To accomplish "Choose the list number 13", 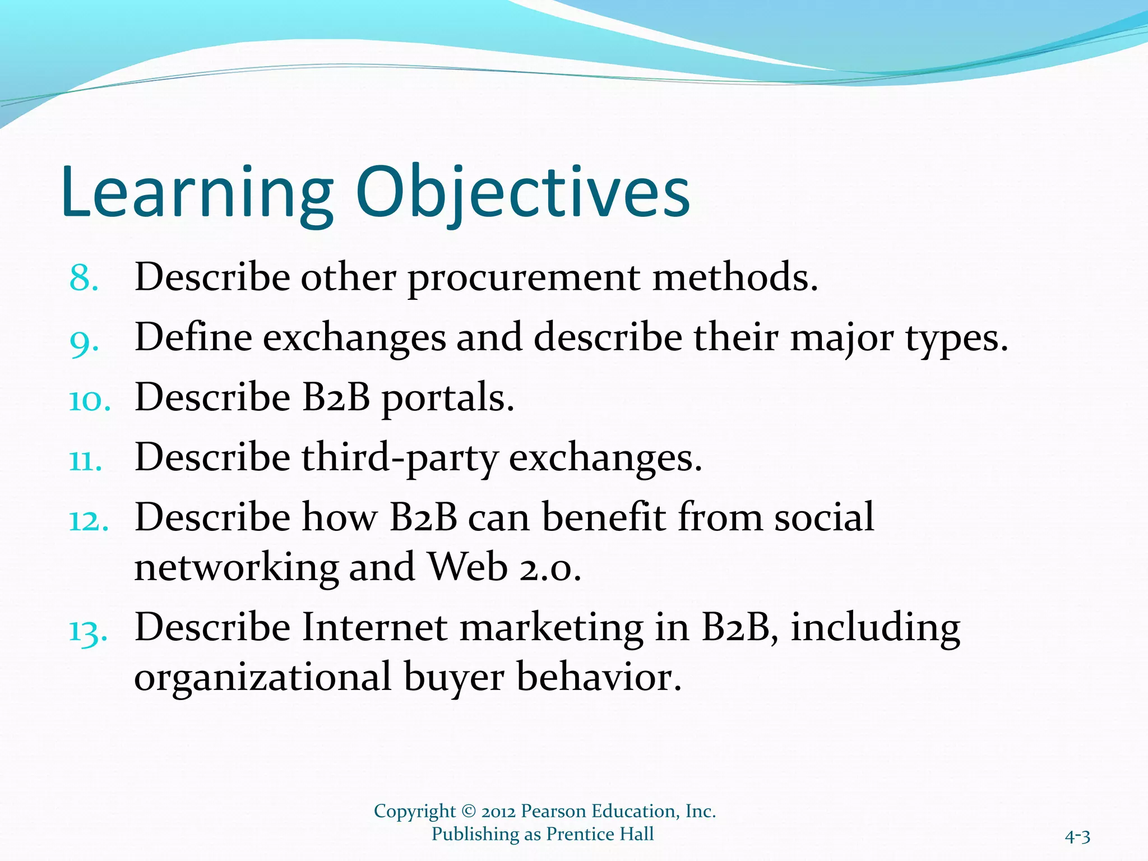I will coord(88,632).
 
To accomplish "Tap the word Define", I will coord(193,338).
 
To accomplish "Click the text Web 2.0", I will coord(504,567).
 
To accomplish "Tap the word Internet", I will coord(374,628).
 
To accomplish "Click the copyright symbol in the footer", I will coord(469,812).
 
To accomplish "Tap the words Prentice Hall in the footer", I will coord(600,834).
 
